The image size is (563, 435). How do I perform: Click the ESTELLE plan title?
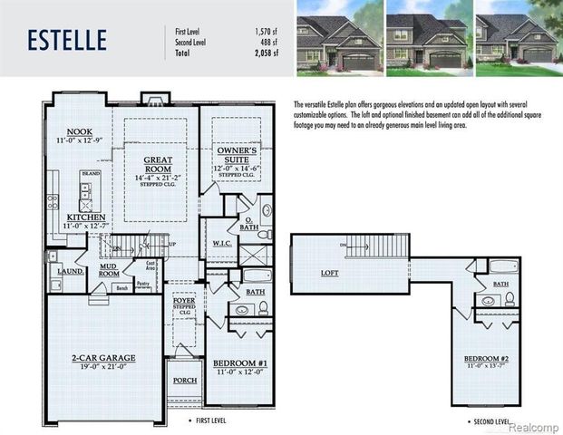pos(67,40)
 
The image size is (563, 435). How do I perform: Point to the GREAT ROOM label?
pos(158,163)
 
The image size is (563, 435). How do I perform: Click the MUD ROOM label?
pos(109,271)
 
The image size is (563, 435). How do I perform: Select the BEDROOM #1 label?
pos(238,363)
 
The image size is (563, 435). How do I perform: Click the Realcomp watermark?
pos(534,426)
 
